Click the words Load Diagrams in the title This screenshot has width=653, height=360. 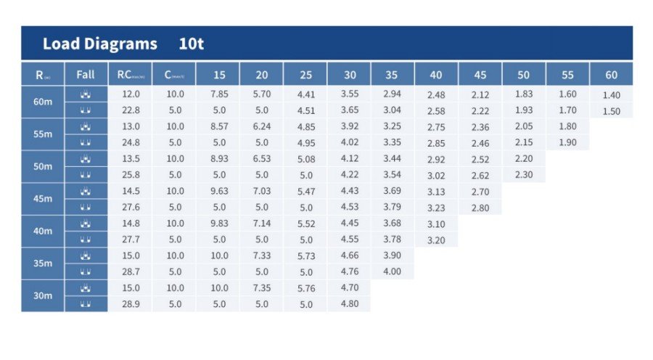99,44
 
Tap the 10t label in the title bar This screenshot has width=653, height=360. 191,44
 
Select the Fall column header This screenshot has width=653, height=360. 86,74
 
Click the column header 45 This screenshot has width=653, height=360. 480,74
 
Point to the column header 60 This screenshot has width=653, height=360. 611,74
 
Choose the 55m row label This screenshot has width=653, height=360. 43,134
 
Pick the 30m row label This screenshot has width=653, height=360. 43,296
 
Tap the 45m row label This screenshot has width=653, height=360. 43,199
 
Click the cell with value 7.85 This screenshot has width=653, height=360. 218,94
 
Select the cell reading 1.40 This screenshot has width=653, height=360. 611,95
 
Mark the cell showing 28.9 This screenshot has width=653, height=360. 131,304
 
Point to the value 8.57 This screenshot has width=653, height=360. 218,126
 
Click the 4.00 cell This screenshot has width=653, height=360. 392,272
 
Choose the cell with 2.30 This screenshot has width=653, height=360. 524,175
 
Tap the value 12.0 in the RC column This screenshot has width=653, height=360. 131,94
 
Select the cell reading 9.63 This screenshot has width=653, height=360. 218,191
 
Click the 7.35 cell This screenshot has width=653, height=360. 262,288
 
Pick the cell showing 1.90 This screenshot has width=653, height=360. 567,142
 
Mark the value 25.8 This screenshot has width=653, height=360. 131,175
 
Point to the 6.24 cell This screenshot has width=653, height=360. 262,126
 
